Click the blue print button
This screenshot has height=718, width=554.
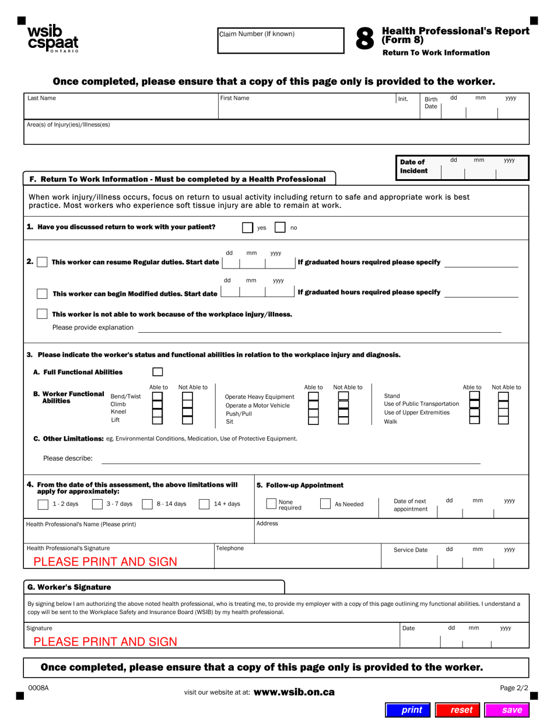pos(411,710)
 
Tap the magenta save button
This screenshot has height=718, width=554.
pos(511,710)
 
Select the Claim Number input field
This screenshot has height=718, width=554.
pos(280,41)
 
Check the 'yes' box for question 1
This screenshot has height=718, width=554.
pos(248,228)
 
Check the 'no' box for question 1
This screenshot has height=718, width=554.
pos(280,228)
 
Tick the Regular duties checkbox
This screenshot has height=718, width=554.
pos(42,262)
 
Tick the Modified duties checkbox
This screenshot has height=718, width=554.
pos(42,293)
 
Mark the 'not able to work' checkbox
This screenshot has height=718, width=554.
pos(42,314)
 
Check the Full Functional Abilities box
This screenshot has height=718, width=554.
pos(157,372)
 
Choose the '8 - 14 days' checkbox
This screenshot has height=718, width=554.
pos(148,504)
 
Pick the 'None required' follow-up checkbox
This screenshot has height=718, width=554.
pos(271,504)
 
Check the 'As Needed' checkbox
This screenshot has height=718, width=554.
pos(325,504)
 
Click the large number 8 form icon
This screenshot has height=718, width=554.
pos(364,39)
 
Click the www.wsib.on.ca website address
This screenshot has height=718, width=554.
pos(294,692)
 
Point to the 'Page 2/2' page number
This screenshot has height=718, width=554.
pos(514,688)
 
